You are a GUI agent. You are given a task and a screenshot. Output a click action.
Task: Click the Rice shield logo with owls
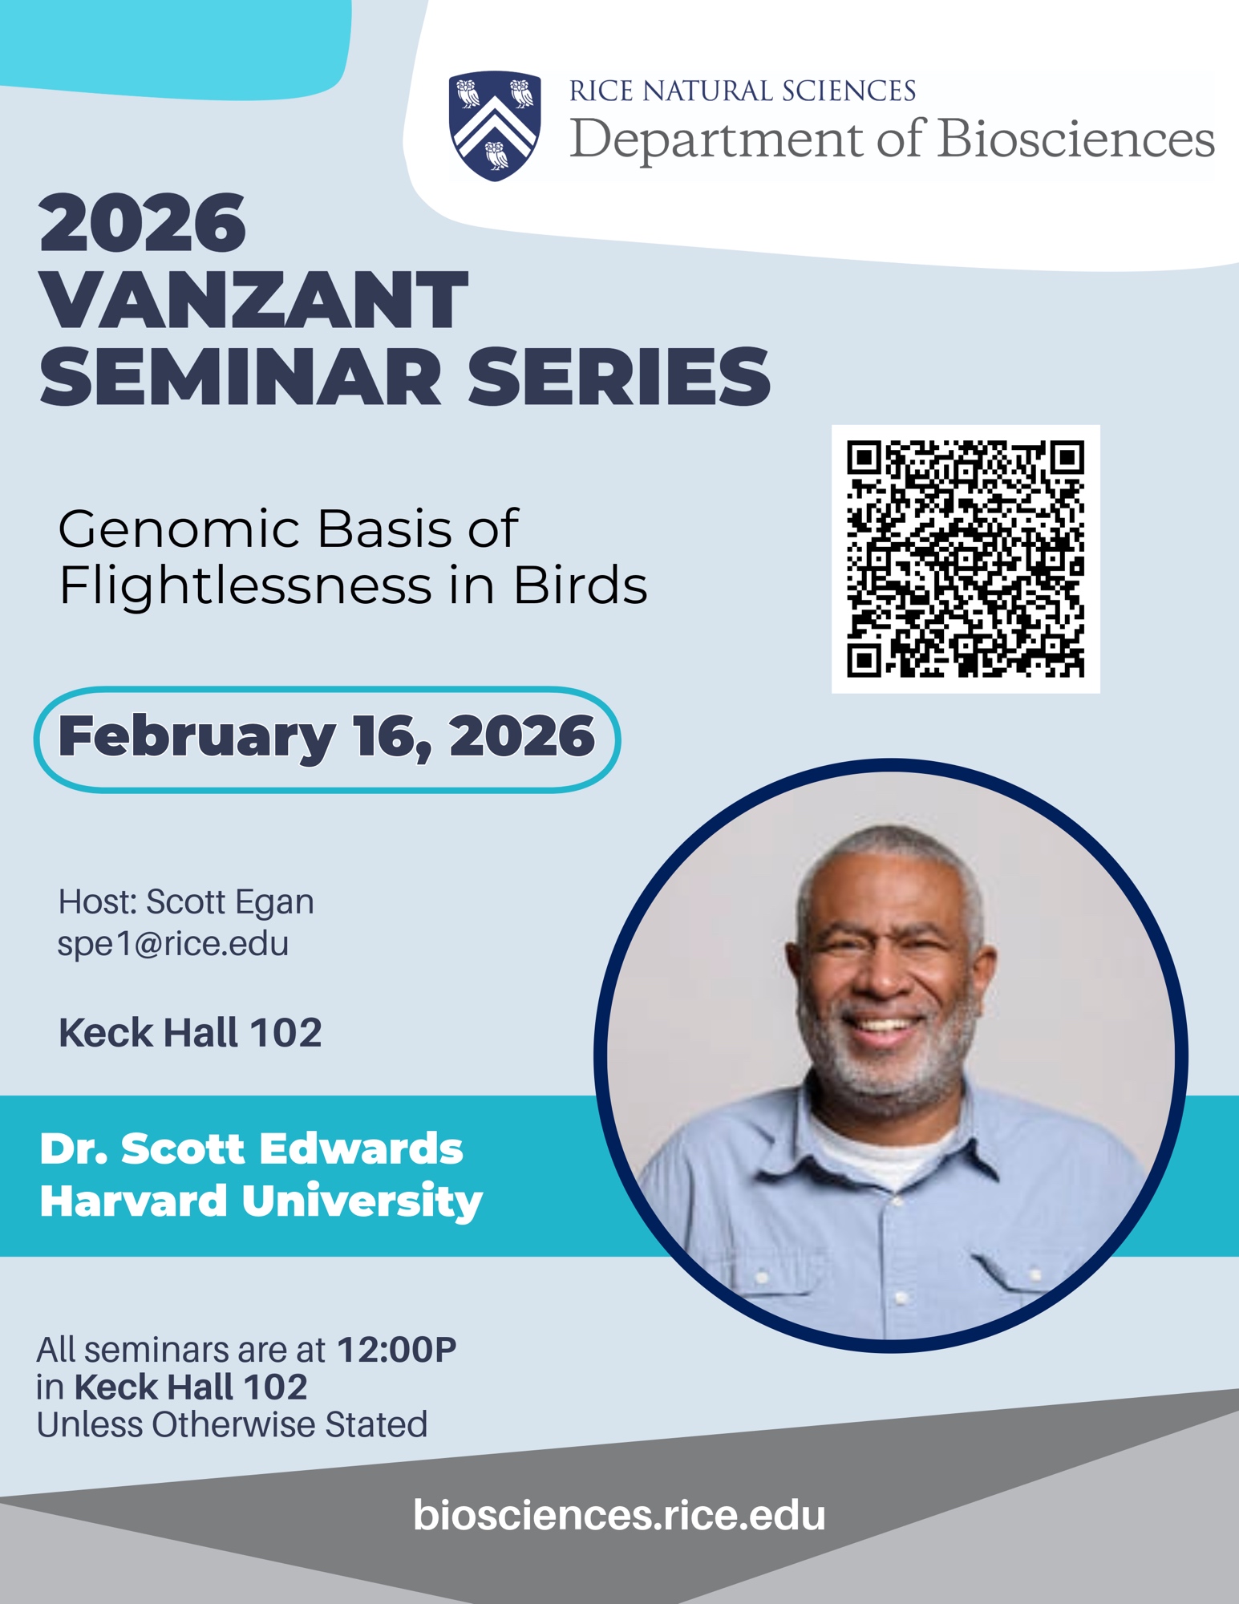point(495,125)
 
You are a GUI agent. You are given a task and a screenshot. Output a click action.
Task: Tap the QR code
point(966,559)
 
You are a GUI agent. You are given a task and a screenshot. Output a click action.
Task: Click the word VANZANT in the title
point(253,300)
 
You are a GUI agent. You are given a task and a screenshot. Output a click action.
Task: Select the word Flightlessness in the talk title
point(245,586)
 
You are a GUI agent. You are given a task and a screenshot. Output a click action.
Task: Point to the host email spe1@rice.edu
point(173,943)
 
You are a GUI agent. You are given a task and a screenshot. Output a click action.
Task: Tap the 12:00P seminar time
point(396,1350)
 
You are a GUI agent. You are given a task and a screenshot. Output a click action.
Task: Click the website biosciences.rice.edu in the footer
point(619,1515)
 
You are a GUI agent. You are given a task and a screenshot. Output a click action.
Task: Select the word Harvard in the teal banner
point(134,1201)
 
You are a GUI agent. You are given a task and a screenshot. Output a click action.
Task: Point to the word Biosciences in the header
point(1076,139)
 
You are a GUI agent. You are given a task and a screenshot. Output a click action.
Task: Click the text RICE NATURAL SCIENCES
point(743,91)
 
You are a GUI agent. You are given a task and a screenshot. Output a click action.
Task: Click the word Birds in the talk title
point(580,586)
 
